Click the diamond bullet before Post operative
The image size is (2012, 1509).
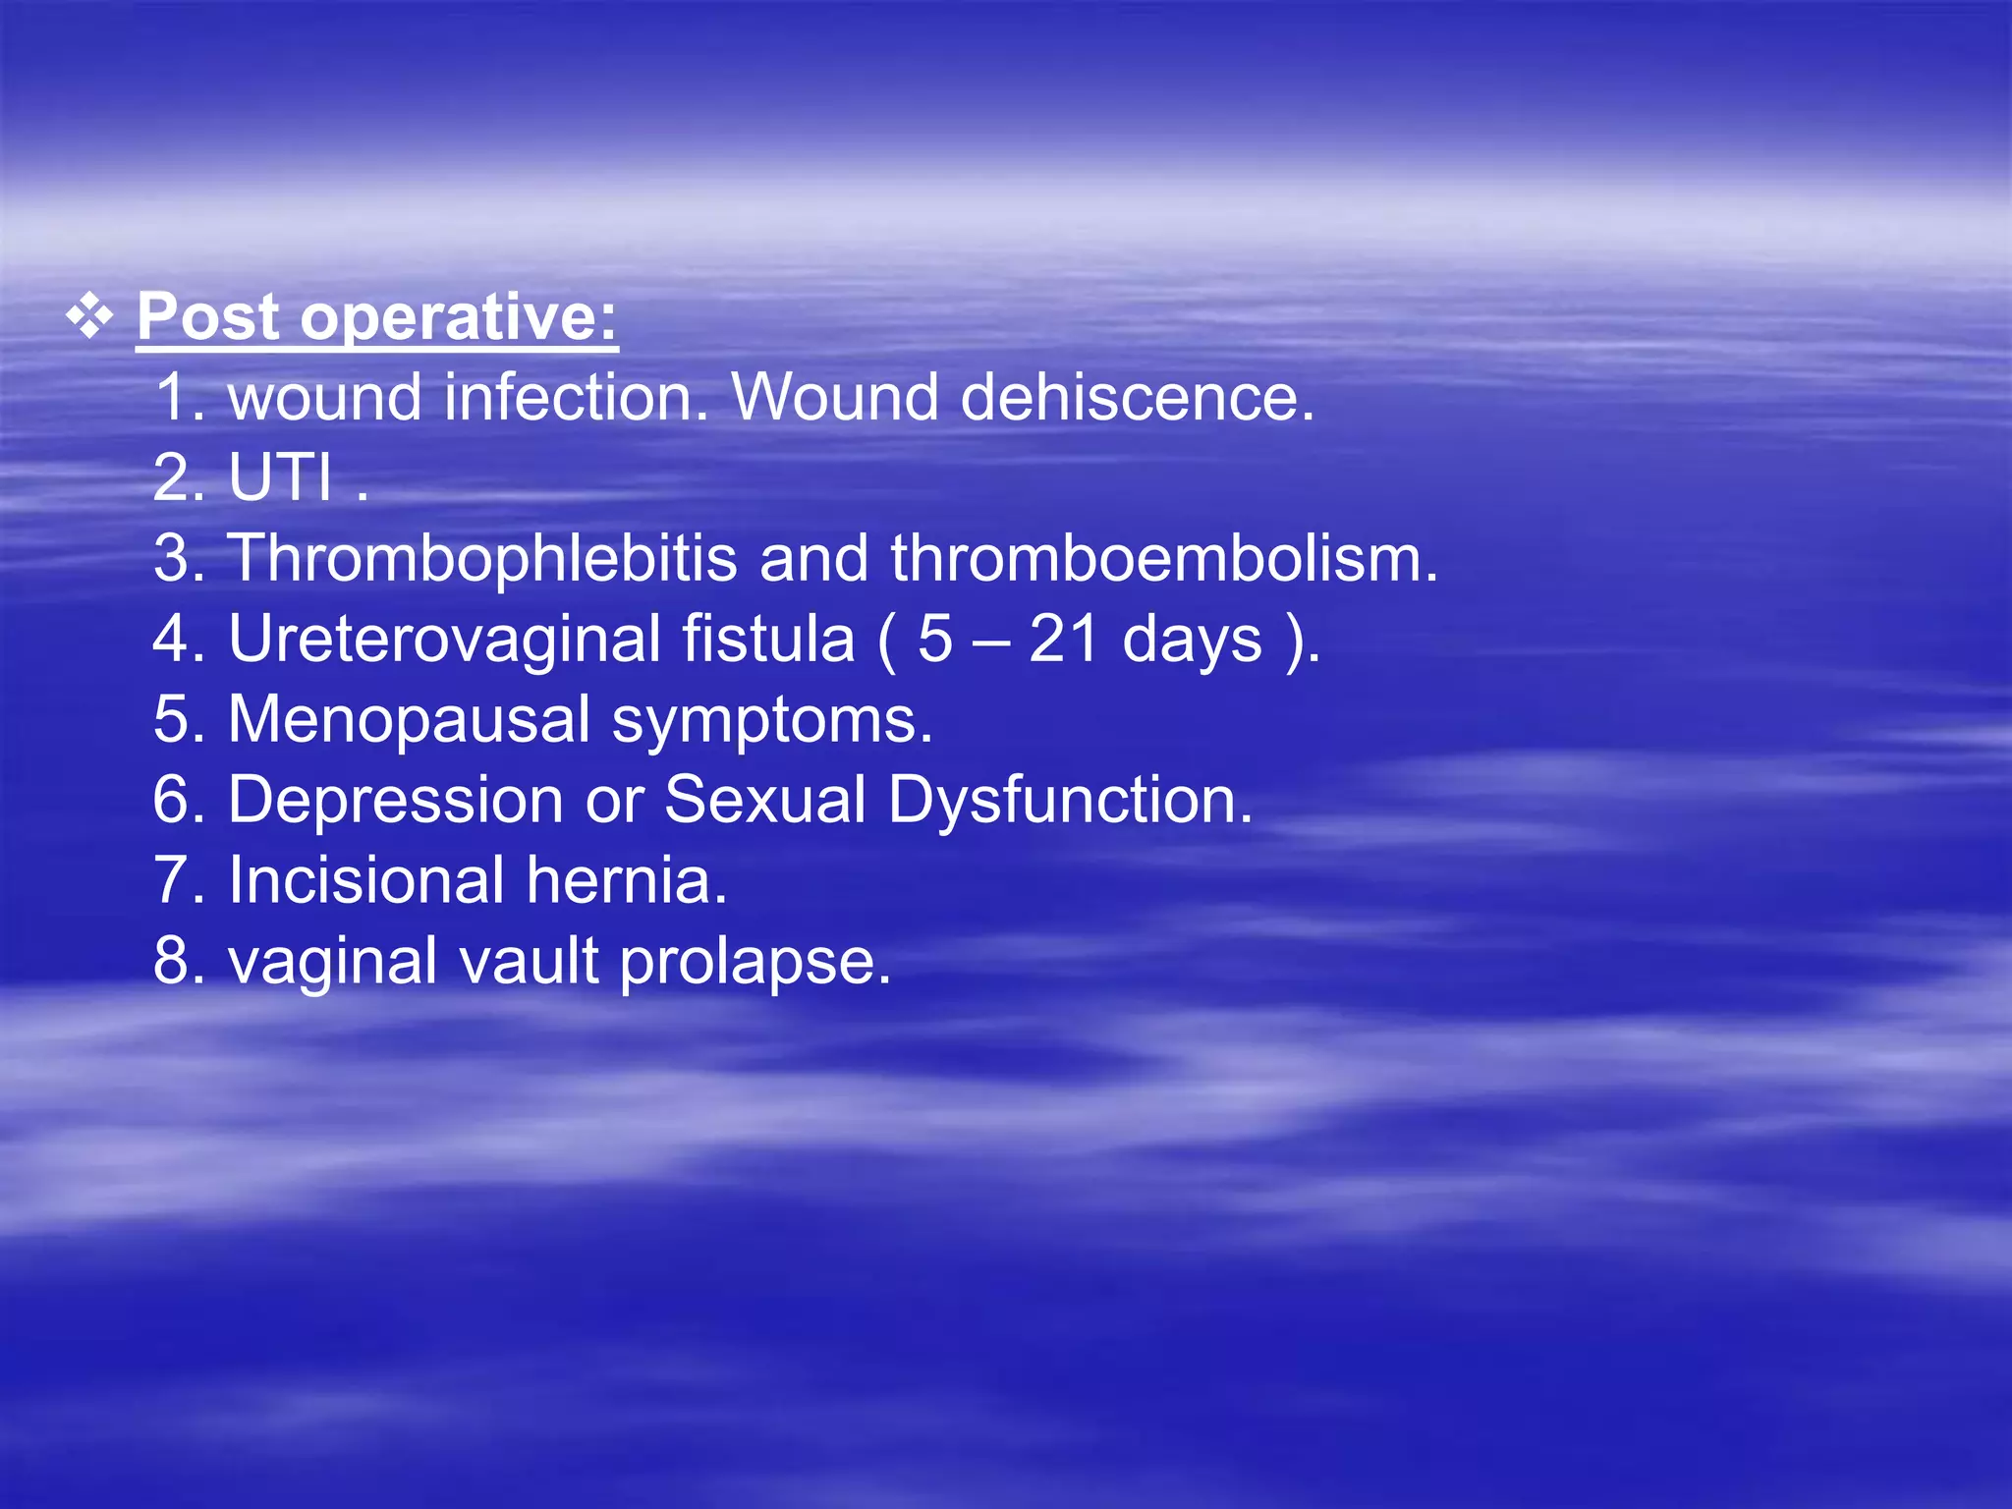click(x=89, y=318)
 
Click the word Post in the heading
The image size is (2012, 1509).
click(x=208, y=317)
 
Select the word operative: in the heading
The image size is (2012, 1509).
click(x=459, y=319)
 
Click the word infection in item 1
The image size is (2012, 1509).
click(x=575, y=398)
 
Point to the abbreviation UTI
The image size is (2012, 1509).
click(x=281, y=478)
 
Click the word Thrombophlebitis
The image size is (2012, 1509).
click(x=482, y=558)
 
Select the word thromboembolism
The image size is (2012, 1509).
click(x=1163, y=558)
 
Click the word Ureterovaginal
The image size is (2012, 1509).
click(x=444, y=640)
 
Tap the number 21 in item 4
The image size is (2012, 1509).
click(x=1063, y=640)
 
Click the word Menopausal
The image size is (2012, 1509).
click(x=409, y=719)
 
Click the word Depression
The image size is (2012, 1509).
click(x=395, y=800)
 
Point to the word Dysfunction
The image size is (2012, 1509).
click(x=1070, y=800)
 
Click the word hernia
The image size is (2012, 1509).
click(x=626, y=880)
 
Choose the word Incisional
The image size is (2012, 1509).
click(x=366, y=880)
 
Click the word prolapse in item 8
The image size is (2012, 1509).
click(x=754, y=962)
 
